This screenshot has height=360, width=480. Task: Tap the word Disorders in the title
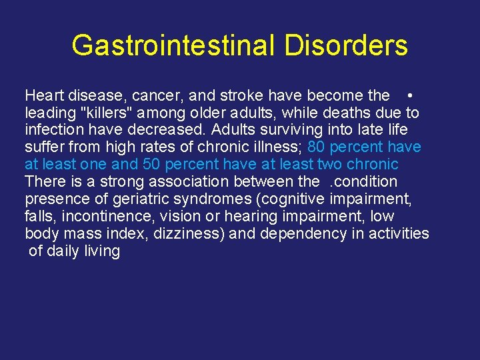click(346, 46)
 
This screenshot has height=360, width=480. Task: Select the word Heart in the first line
click(44, 95)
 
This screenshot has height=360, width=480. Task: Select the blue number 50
click(153, 165)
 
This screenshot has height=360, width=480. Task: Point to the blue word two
click(331, 165)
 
